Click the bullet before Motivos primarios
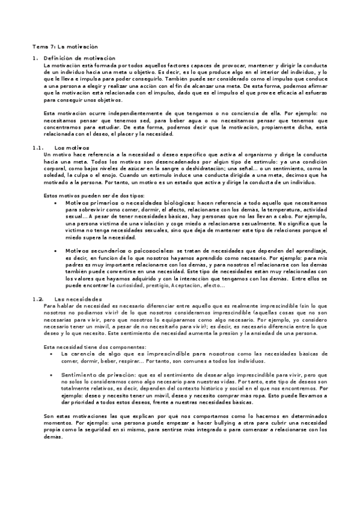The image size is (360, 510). [x=55, y=203]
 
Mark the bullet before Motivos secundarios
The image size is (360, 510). [x=55, y=249]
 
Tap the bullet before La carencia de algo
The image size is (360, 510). [x=55, y=354]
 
